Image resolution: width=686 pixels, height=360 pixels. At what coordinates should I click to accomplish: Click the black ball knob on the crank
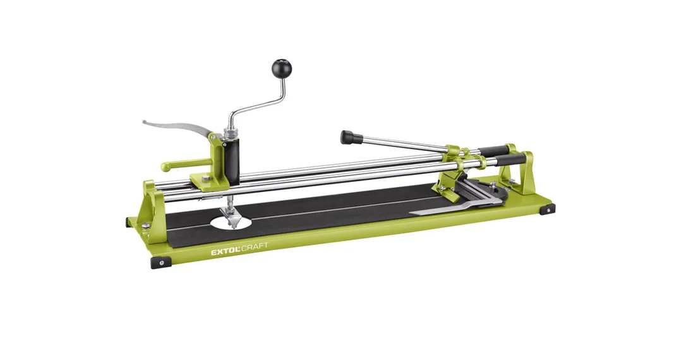pos(281,68)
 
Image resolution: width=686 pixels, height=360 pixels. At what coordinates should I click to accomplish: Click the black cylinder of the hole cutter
pos(232,160)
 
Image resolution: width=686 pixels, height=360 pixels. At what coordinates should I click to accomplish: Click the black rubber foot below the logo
pos(161,262)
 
